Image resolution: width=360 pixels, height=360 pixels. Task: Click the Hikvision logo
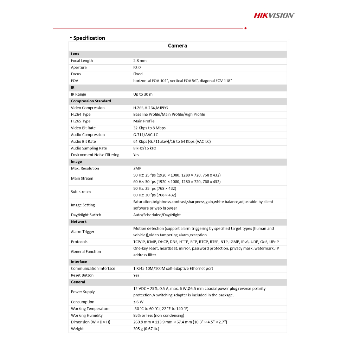coord(274,15)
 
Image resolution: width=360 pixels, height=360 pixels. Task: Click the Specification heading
coord(89,38)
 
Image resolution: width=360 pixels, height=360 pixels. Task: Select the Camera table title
coord(177,46)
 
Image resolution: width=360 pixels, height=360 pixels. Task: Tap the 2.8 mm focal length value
coord(140,61)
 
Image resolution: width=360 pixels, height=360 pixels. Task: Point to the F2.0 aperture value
coord(137,67)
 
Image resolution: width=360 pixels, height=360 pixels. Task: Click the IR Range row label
coord(78,94)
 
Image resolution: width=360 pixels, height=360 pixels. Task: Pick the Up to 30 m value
coord(143,94)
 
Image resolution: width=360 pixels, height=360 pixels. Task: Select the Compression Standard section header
coord(91,101)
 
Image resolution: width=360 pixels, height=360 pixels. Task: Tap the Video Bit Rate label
coord(83,128)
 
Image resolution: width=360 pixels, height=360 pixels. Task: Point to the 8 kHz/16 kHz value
coord(144,148)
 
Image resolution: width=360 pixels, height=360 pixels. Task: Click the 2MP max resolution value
coord(137,168)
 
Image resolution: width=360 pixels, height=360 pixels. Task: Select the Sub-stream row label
coord(81,192)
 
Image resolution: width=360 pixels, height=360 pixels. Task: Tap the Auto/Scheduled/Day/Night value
coord(157,215)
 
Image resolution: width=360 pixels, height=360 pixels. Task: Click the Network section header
coord(79,222)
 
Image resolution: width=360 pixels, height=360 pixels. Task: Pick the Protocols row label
coord(79,242)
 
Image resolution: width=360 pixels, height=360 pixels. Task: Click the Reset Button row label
coord(82,275)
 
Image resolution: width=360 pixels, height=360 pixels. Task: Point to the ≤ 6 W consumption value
coord(138,302)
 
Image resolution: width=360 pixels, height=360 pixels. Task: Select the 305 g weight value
coord(146,329)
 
